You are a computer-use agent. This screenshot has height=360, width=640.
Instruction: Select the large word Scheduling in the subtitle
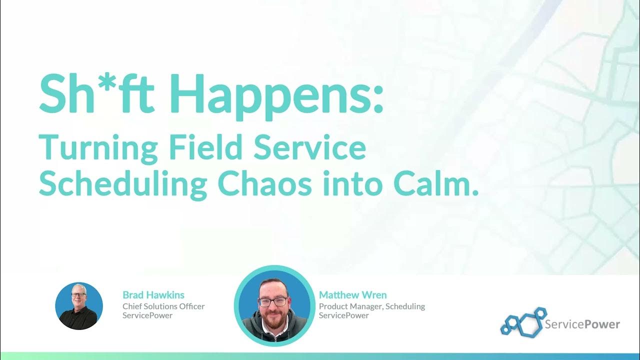point(122,185)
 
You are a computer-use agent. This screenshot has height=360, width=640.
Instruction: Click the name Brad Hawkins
point(153,295)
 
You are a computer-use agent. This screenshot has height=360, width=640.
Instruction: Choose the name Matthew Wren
point(352,295)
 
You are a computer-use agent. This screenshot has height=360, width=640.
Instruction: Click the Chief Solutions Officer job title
point(163,306)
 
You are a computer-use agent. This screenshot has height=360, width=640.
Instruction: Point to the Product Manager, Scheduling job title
point(372,306)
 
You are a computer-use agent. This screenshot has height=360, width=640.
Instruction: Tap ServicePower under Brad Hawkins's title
point(147,315)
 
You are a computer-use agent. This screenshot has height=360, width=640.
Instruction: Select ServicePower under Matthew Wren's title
point(344,315)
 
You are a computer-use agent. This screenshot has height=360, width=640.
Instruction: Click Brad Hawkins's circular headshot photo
point(79,306)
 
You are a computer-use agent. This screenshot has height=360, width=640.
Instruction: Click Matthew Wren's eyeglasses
point(273,301)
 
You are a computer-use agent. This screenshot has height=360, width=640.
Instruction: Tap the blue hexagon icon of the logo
point(523,321)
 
